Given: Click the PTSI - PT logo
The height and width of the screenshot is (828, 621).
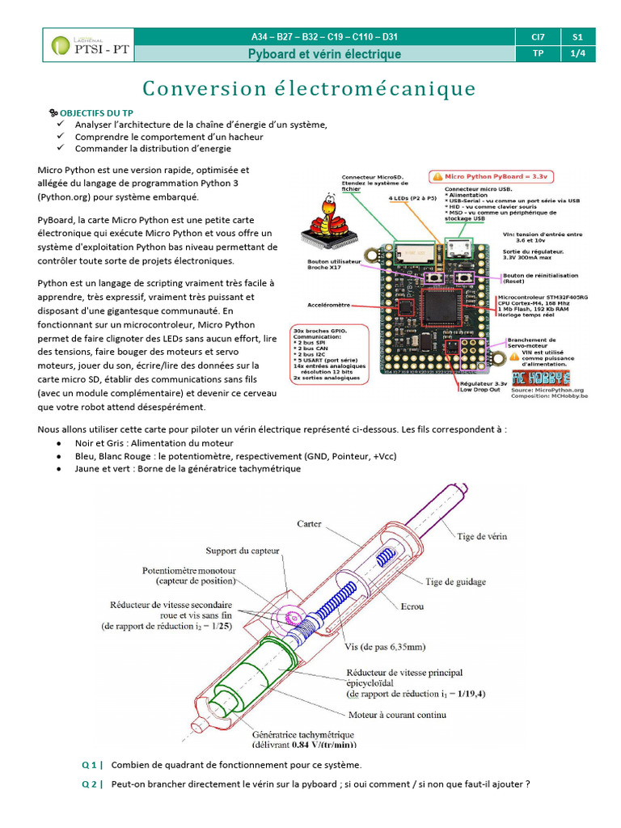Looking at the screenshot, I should (89, 45).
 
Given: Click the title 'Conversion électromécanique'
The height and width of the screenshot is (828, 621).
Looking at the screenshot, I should (309, 88).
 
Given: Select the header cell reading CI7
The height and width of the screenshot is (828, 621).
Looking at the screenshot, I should (539, 37).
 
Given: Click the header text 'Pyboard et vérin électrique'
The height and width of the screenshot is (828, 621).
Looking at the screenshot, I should (323, 54).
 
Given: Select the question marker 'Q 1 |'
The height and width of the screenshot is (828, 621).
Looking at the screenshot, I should (92, 765).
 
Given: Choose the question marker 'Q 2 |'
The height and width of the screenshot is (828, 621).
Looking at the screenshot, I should (92, 784).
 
